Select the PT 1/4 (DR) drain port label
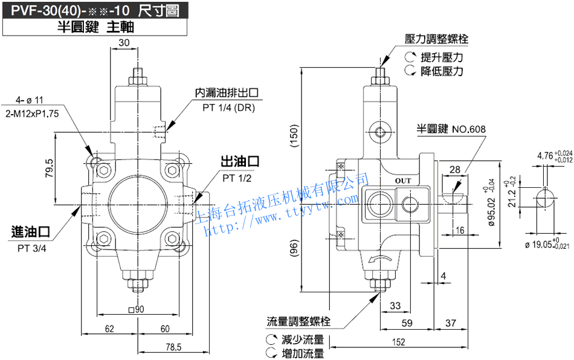228,108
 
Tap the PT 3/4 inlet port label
31,248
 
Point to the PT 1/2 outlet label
237,178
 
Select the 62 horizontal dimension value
109,329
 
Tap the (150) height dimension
294,139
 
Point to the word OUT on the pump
403,181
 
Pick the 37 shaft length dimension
450,323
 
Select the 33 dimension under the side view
396,306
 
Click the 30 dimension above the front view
124,42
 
